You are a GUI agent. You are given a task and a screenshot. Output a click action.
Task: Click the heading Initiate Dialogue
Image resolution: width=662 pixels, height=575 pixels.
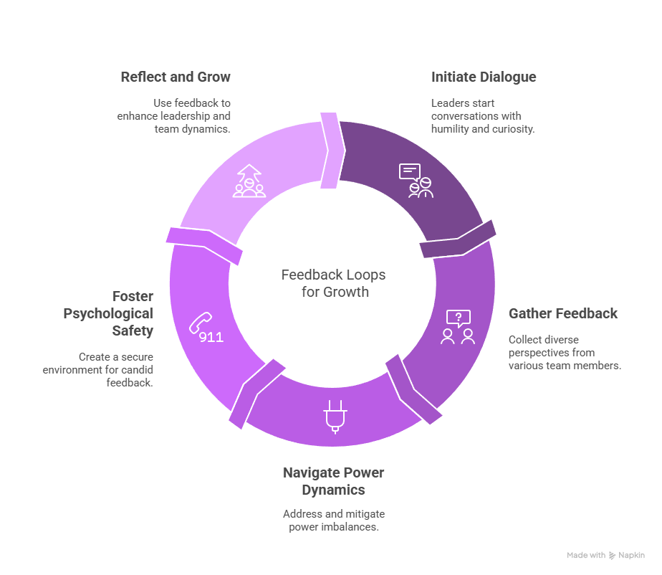coord(484,77)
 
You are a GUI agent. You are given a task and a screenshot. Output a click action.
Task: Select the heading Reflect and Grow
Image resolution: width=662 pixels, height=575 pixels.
coord(176,77)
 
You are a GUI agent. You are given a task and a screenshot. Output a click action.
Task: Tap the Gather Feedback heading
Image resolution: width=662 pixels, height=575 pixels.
coord(563,313)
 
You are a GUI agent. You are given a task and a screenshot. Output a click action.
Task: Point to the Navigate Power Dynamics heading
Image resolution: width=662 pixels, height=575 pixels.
coord(334,481)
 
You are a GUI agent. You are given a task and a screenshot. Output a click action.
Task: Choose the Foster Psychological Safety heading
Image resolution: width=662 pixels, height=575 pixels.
coord(108,313)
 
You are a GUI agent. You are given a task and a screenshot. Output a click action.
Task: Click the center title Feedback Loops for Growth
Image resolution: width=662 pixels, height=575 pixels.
coord(334,283)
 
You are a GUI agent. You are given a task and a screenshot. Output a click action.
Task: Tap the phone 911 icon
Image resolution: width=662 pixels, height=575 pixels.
coord(206,328)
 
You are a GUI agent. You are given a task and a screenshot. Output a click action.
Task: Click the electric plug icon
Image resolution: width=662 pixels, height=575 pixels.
coord(335,417)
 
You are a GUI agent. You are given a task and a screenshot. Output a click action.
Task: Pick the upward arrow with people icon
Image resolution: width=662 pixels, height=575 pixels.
coord(249,181)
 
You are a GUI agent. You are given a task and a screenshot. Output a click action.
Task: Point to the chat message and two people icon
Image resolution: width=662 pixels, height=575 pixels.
coord(416,181)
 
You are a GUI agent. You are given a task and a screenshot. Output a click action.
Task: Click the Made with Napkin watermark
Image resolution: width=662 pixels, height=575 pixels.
coord(606,555)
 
